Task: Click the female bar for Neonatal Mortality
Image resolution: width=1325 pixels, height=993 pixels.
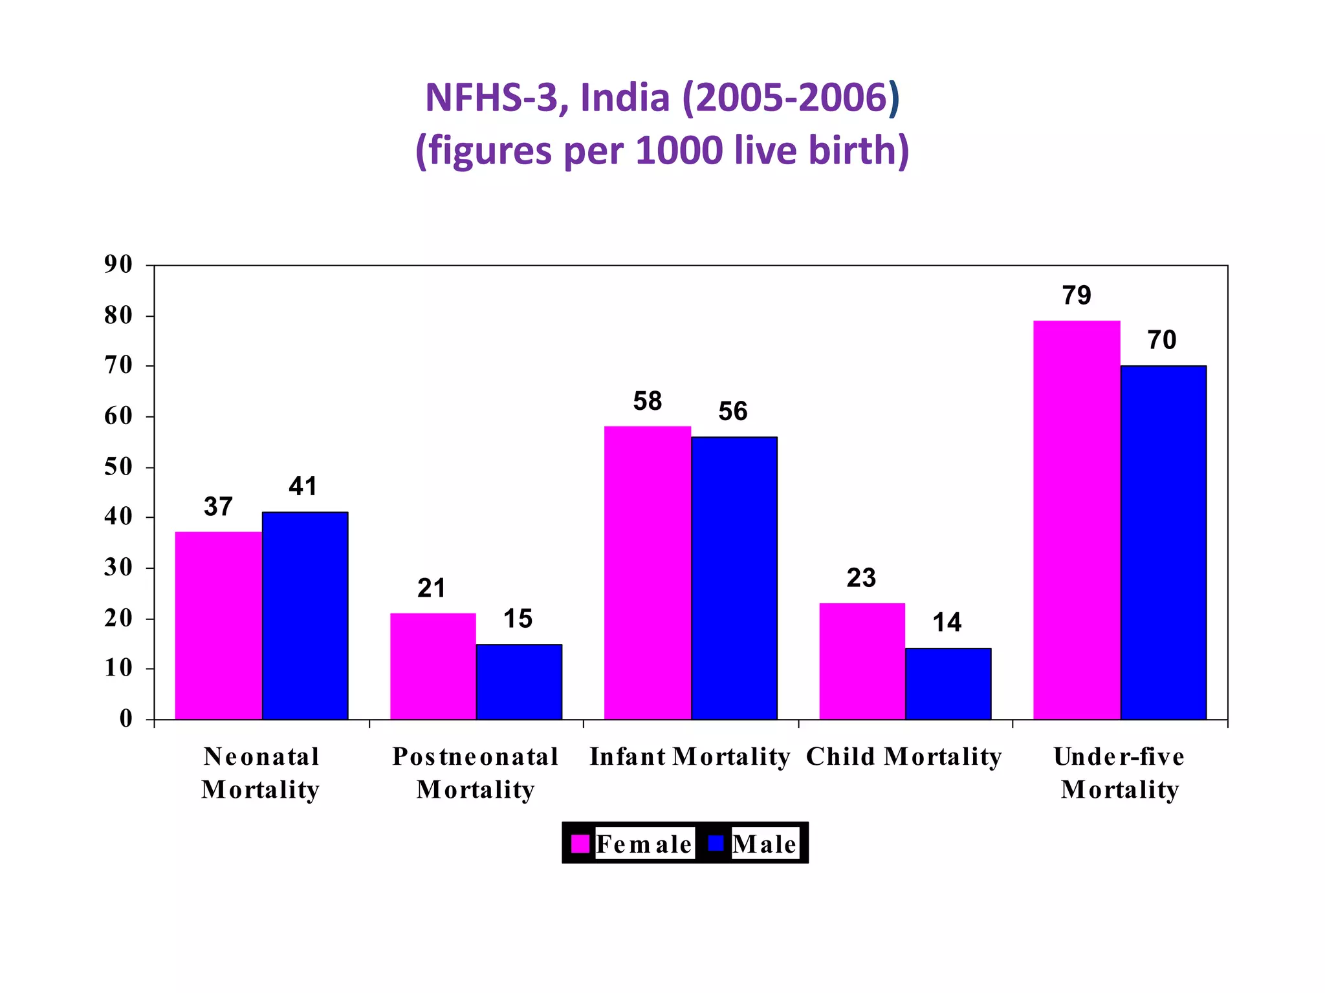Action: [218, 625]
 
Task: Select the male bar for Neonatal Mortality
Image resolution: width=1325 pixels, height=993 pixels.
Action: [305, 615]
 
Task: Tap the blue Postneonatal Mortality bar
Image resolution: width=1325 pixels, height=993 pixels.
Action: [519, 681]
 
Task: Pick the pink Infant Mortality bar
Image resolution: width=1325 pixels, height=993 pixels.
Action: [647, 572]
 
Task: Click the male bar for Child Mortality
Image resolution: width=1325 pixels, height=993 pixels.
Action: [948, 683]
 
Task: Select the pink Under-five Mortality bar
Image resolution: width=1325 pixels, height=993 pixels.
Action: [1077, 519]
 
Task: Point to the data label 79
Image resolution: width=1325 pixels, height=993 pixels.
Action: [1077, 295]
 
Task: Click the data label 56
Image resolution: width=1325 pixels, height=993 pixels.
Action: [732, 411]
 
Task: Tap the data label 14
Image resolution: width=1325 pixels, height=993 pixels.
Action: [947, 622]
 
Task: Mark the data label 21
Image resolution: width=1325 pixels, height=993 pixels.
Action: [432, 588]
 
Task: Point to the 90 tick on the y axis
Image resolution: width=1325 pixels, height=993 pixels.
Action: [118, 264]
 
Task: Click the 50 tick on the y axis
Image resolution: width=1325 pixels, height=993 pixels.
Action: [118, 467]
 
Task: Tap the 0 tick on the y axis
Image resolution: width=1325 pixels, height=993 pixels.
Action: [126, 719]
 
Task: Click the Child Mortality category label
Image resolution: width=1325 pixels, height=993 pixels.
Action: [904, 756]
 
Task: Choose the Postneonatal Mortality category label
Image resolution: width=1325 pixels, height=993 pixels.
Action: [476, 773]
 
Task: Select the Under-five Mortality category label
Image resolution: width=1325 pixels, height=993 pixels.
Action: [1119, 773]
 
